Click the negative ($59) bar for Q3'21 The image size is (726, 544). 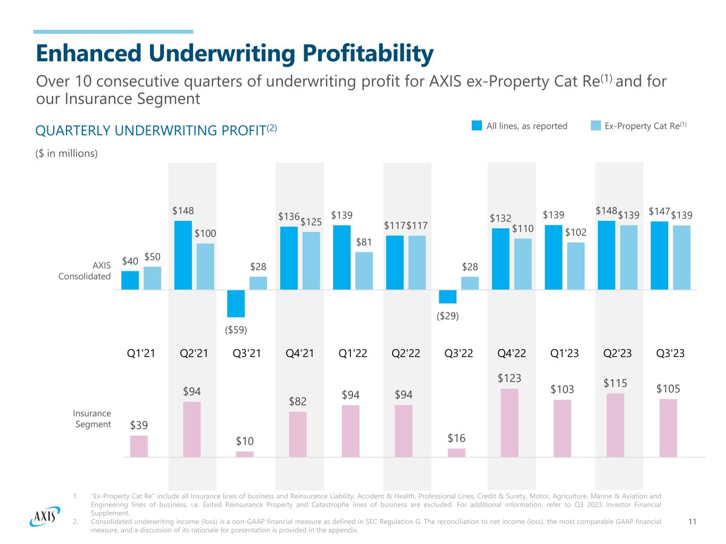click(236, 303)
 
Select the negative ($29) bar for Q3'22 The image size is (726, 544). click(447, 296)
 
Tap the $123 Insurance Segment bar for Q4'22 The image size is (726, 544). click(510, 423)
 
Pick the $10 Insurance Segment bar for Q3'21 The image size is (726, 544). click(245, 454)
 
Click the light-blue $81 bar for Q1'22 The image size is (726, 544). click(364, 270)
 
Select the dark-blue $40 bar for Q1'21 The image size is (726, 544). click(130, 280)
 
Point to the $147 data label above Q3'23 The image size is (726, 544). click(659, 212)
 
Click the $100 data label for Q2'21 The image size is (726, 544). click(205, 234)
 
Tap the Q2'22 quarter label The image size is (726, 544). click(406, 353)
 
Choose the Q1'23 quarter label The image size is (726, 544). click(564, 353)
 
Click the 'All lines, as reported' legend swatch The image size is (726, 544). click(477, 126)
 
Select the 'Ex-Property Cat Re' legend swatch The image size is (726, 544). click(596, 126)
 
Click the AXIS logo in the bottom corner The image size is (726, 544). click(43, 516)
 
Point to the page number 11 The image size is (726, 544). click(692, 522)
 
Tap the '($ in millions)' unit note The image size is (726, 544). click(66, 153)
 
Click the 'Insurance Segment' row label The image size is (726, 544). click(92, 418)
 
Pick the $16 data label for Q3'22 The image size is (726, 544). click(456, 438)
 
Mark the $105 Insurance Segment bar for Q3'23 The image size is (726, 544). click(668, 427)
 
